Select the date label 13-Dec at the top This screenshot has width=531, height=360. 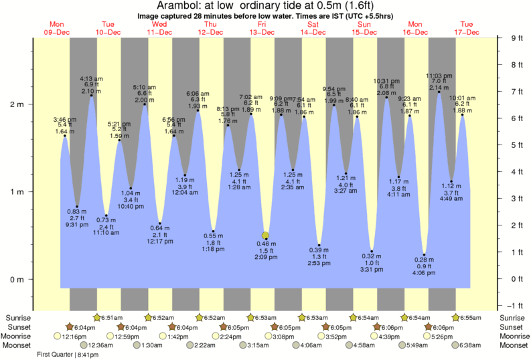(262, 31)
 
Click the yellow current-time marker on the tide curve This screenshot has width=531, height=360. (266, 236)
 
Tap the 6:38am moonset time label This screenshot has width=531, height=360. (473, 345)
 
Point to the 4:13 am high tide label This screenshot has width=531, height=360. (92, 78)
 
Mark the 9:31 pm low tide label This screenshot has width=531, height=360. (76, 224)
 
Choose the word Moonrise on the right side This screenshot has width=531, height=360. (514, 336)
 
